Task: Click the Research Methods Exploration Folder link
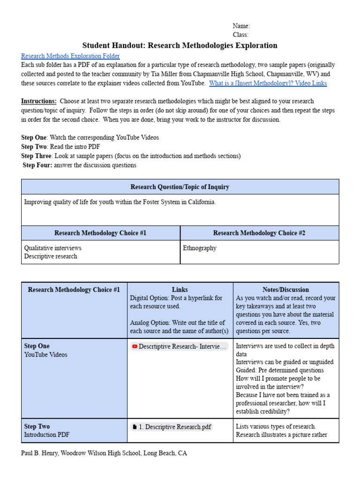(x=70, y=56)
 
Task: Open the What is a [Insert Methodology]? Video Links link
(x=268, y=83)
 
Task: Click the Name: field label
(x=241, y=26)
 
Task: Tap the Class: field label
(x=240, y=35)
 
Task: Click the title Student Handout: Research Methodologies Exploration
(x=180, y=45)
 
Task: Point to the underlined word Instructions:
(x=39, y=101)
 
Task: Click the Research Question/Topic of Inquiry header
(x=180, y=187)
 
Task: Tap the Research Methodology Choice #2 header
(x=259, y=233)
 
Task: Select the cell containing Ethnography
(x=200, y=248)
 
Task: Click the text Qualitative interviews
(x=52, y=248)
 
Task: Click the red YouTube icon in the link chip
(x=135, y=346)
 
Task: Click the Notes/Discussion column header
(x=285, y=290)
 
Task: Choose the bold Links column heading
(x=180, y=290)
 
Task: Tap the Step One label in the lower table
(x=37, y=346)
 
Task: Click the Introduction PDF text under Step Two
(x=46, y=435)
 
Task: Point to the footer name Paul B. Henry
(x=42, y=453)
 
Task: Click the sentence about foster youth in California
(x=120, y=202)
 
